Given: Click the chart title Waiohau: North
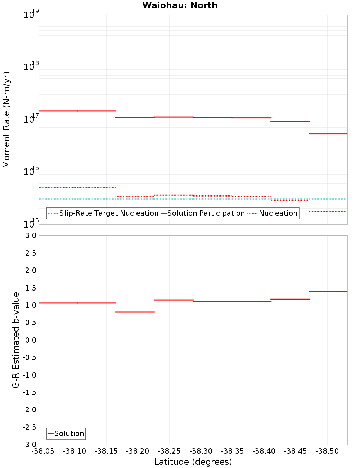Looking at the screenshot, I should [x=180, y=5].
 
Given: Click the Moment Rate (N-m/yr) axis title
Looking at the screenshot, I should [x=6, y=120].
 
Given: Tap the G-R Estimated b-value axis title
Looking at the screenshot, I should [x=16, y=340].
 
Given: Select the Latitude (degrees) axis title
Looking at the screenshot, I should [x=193, y=462].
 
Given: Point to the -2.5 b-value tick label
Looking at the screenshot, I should [x=30, y=427].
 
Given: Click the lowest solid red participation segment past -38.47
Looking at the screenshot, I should [x=328, y=134].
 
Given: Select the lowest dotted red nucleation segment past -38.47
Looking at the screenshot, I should [x=328, y=211].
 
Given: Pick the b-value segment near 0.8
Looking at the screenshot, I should [x=135, y=312].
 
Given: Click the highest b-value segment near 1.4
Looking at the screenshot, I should [x=328, y=291].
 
